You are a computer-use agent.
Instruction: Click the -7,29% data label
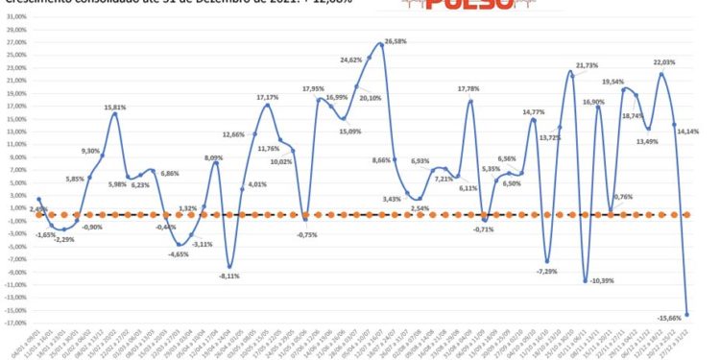(x=547, y=272)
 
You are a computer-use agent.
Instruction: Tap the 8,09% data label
(x=216, y=157)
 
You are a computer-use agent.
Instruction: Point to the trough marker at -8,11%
(x=230, y=266)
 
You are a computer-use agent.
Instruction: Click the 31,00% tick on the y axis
(x=18, y=30)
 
